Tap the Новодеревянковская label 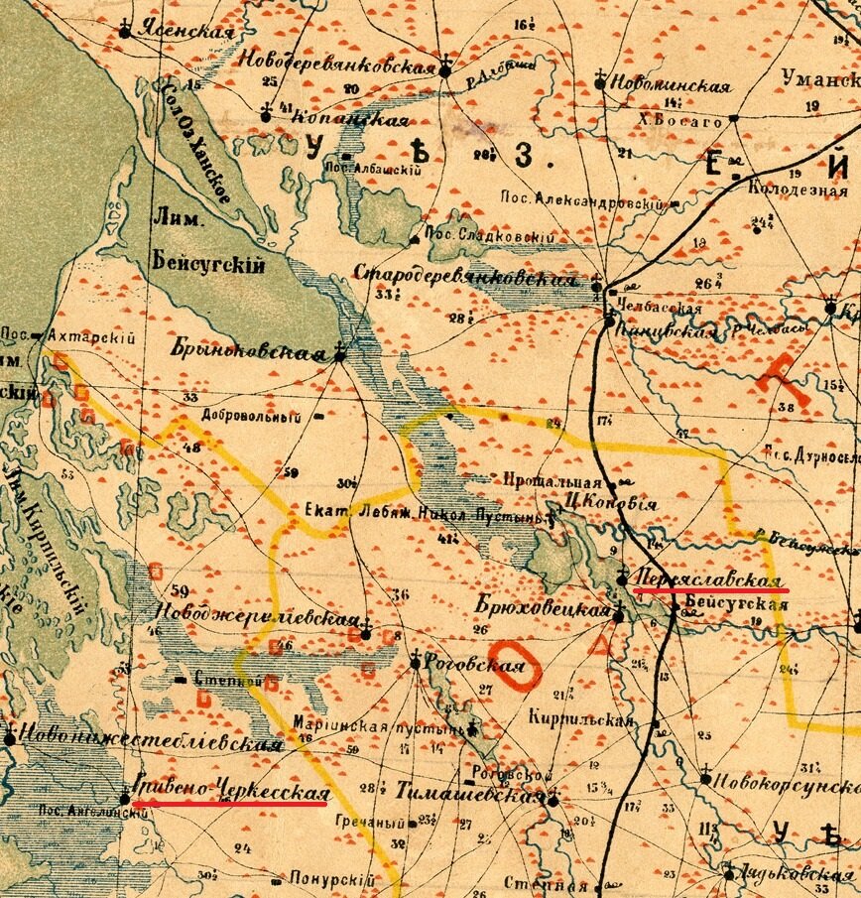(x=337, y=66)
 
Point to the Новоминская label (x=672, y=85)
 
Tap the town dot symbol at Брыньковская (x=340, y=353)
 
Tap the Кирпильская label (x=580, y=717)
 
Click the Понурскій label (x=331, y=879)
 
